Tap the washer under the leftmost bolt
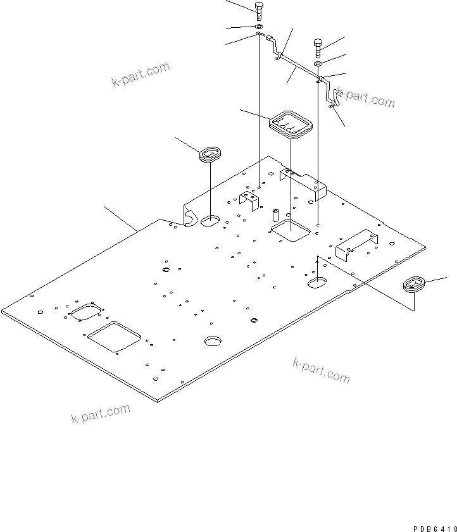pos(259,28)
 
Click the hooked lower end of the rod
pos(334,98)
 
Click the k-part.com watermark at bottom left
pos(101,414)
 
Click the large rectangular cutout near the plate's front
pos(115,336)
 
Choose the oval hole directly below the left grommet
pos(210,222)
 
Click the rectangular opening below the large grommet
pos(291,231)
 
